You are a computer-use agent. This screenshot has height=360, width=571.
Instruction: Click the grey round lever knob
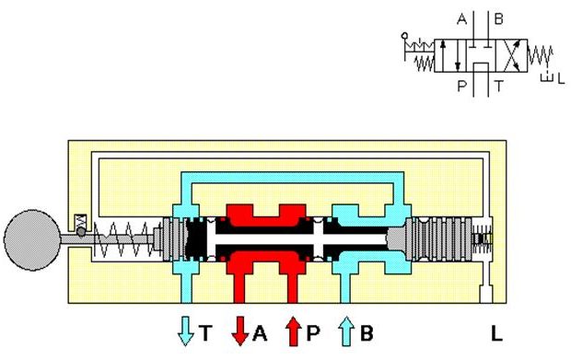tap(32, 240)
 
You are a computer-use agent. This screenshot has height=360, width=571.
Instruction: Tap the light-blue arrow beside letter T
tap(185, 331)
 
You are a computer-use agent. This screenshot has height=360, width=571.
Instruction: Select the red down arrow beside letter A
tap(240, 331)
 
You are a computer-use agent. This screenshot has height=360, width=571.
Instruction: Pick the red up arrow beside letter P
tap(294, 331)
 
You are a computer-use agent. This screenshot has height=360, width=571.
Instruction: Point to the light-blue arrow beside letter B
tap(346, 331)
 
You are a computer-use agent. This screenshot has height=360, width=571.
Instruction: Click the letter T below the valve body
tap(205, 332)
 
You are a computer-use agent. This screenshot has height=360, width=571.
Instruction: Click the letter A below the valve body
tap(260, 332)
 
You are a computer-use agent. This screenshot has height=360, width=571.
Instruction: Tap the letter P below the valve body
tap(313, 332)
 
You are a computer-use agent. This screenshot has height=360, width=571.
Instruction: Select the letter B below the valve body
tap(367, 332)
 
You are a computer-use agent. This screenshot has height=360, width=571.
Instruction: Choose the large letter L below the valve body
tap(496, 332)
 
